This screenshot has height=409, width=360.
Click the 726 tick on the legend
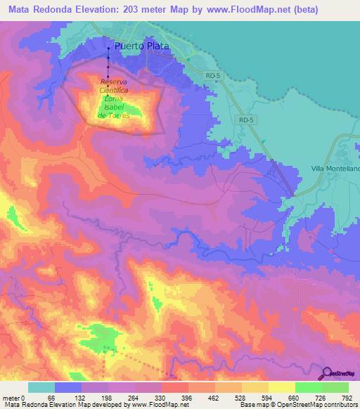tap(322, 397)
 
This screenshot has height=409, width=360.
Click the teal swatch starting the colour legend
tap(41, 387)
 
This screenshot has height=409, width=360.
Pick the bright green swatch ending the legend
tap(335, 387)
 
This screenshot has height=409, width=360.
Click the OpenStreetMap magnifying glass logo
tap(326, 374)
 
